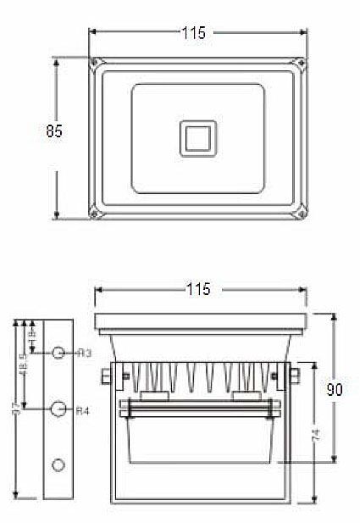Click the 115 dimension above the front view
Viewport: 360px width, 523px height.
pos(197,32)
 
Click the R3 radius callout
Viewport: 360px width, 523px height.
pos(84,352)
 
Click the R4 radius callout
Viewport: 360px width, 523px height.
pos(83,411)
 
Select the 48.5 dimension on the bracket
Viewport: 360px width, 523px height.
pos(23,366)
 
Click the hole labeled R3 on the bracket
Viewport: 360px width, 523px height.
pos(58,352)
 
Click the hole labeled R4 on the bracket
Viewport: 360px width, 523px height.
pos(58,409)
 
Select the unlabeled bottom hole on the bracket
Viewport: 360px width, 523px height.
pos(58,465)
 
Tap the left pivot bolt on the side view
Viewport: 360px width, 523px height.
pos(104,375)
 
